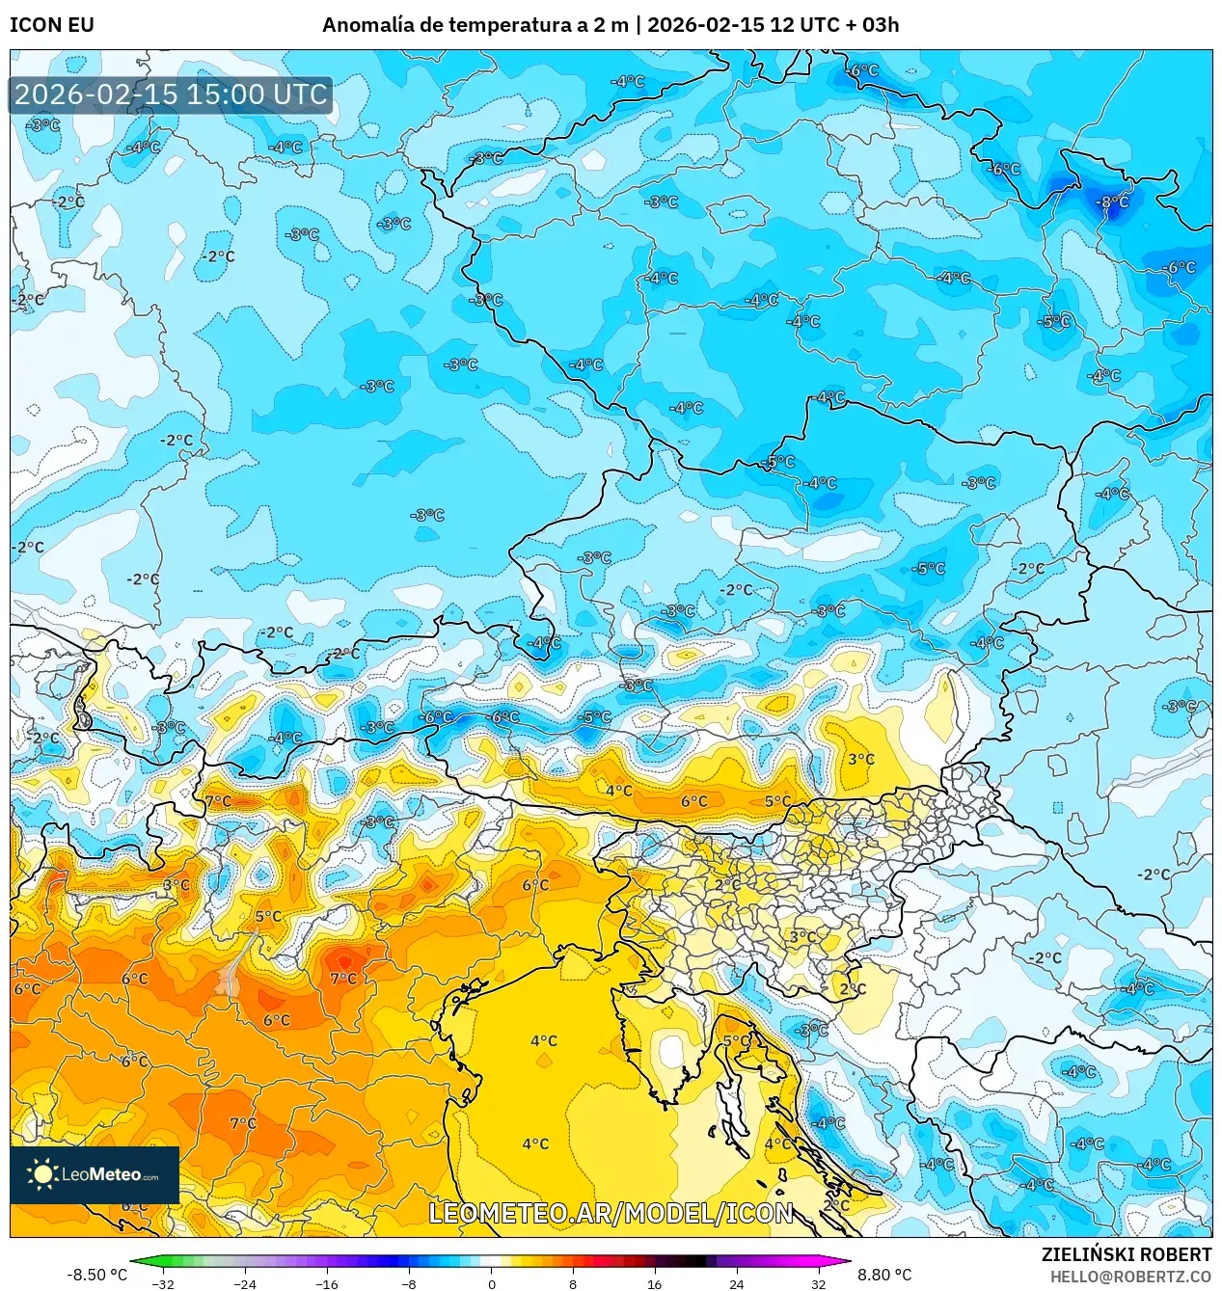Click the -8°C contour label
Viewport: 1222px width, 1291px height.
(x=1113, y=202)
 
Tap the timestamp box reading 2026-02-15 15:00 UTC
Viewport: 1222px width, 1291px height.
(x=171, y=94)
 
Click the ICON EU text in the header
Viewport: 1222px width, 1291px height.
(x=52, y=25)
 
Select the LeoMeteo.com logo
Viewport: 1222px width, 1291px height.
(x=95, y=1174)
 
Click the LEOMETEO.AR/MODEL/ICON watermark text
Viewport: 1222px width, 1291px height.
(x=611, y=1213)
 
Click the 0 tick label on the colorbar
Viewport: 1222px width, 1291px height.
(x=491, y=1283)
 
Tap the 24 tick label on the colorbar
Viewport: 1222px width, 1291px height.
(x=737, y=1283)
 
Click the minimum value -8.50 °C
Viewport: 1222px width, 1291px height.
(x=96, y=1275)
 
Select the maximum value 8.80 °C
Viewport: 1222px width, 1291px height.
(x=884, y=1275)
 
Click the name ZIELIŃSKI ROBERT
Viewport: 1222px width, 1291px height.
(x=1126, y=1254)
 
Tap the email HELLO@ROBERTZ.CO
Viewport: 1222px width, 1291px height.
(x=1130, y=1277)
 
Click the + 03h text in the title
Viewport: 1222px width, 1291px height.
(x=873, y=25)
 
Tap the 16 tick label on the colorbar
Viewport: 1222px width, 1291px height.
(x=655, y=1283)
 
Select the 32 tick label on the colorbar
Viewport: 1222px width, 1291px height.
(x=818, y=1283)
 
